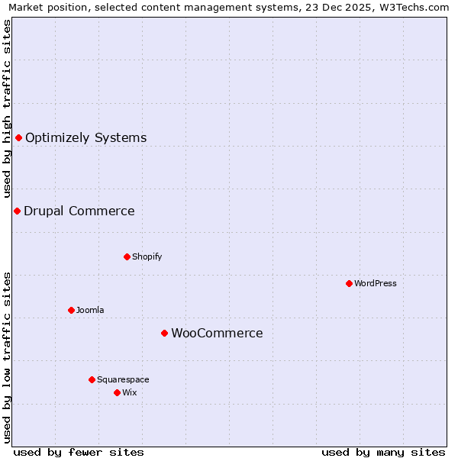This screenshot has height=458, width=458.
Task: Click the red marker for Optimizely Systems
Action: coord(18,137)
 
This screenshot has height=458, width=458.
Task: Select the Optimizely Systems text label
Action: coord(85,138)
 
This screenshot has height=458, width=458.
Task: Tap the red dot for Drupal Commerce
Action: coord(17,211)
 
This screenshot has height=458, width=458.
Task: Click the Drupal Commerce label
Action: coord(79,211)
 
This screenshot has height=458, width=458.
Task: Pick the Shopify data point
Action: coord(127,256)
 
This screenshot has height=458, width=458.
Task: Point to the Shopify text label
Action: coord(147,257)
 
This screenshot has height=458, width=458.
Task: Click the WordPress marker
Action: coord(349,283)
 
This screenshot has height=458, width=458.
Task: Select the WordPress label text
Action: coord(375,284)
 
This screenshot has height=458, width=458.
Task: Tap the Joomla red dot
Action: coord(71,310)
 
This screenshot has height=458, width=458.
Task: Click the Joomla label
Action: coord(90,311)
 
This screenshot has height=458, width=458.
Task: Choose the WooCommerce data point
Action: coord(164,333)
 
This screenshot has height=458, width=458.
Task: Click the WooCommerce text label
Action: coord(217,334)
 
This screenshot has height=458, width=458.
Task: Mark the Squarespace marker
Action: coord(92,379)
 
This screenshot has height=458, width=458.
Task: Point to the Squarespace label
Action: coord(123,380)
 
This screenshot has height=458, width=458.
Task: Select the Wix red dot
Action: coord(117,392)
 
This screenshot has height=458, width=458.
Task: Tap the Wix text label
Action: coord(130,393)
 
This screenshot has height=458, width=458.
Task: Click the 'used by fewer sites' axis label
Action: coord(79,452)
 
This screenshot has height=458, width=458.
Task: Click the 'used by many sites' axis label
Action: coord(383,452)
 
